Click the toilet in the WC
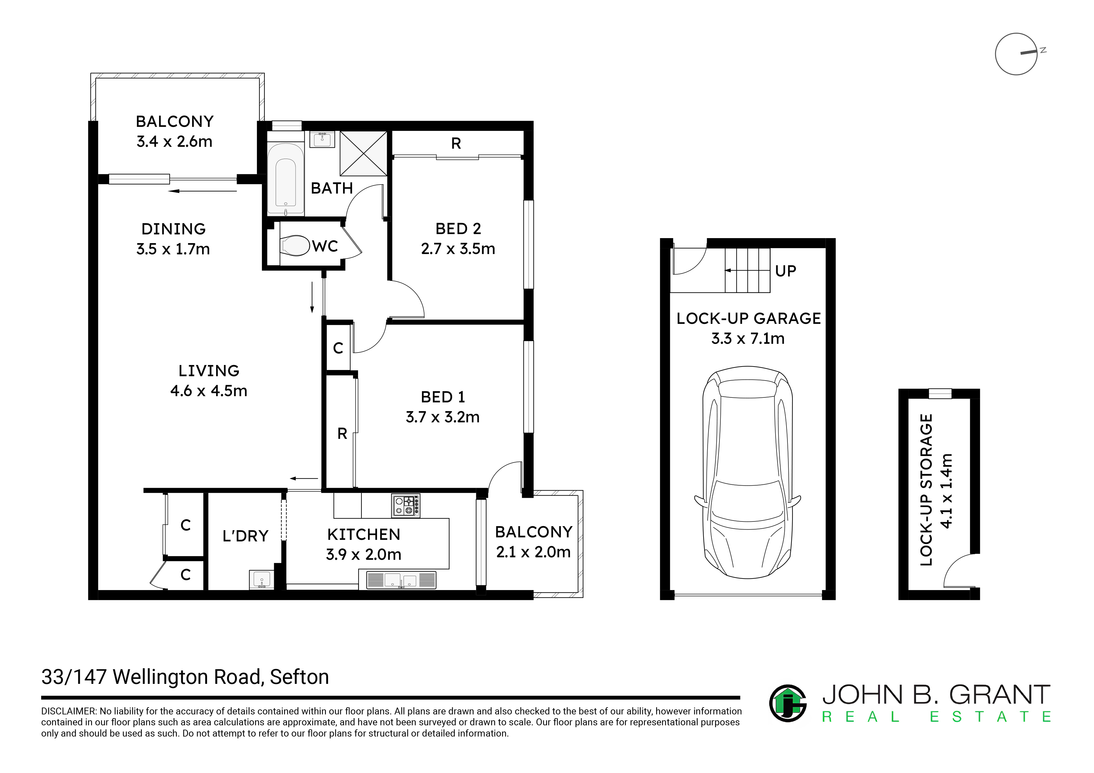295,246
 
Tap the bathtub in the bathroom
285,179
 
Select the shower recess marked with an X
363,153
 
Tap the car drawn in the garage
748,472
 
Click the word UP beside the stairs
786,271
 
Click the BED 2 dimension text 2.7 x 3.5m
458,249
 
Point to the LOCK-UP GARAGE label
748,318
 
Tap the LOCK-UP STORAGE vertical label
926,490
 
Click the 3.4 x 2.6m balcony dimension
174,142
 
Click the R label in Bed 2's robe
456,143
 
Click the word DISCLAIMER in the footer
69,711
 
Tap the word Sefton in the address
299,677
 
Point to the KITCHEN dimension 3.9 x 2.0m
364,555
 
